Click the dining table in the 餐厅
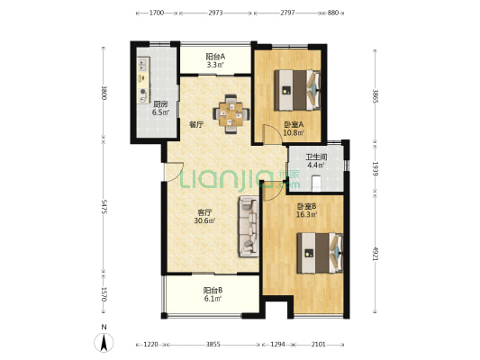coord(231,114)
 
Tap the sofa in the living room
coord(249,226)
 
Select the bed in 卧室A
coord(297,90)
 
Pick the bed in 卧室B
coord(320,253)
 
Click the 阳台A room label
coord(215,57)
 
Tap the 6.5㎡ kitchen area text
coord(160,112)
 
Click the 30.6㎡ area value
coord(204,220)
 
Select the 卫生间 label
coord(316,157)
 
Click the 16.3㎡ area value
coord(306,214)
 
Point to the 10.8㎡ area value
coord(294,132)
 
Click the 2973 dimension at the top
coord(215,13)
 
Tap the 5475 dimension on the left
coord(104,206)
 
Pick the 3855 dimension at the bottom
coord(213,345)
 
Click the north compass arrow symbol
coord(104,342)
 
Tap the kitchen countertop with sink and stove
coord(143,80)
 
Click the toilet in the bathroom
coord(316,183)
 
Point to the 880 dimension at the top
coord(333,13)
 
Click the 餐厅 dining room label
coord(196,124)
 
